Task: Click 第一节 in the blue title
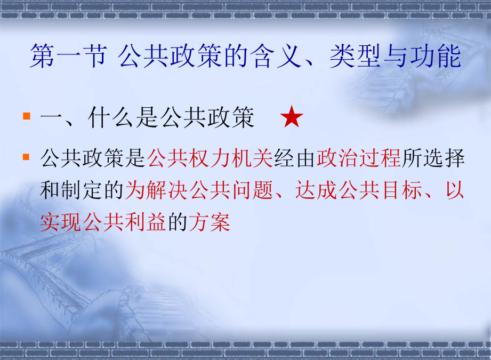[x=69, y=56]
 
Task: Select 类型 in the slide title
[x=356, y=56]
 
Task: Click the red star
[x=292, y=117]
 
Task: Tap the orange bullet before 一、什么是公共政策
[x=27, y=116]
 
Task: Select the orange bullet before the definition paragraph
[x=27, y=157]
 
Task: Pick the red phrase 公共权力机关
[x=210, y=158]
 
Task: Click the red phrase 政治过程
[x=359, y=158]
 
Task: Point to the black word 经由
[x=295, y=158]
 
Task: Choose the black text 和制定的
[x=82, y=190]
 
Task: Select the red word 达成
[x=316, y=190]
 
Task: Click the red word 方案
[x=210, y=222]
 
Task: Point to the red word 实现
[x=61, y=222]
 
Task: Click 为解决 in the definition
[x=157, y=190]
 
